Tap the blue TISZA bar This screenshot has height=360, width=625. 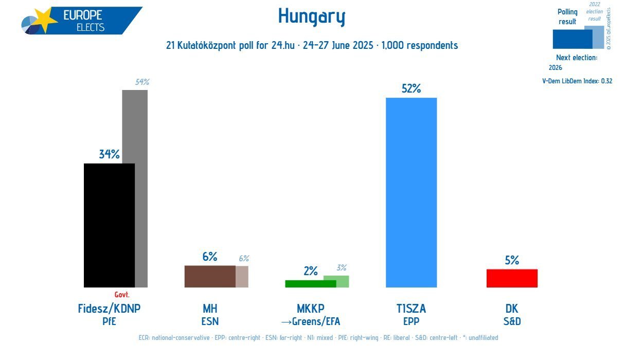[x=411, y=192]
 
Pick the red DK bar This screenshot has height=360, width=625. [x=512, y=278]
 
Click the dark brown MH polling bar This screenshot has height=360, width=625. [x=210, y=276]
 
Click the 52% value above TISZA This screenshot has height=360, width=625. [x=411, y=88]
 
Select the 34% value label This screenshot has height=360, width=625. [x=109, y=154]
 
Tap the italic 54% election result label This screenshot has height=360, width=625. [x=142, y=82]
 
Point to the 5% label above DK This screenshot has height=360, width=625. [x=512, y=260]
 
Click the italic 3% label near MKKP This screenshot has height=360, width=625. [x=342, y=267]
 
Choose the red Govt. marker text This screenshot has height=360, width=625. [x=122, y=295]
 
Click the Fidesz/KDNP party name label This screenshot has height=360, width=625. [x=109, y=309]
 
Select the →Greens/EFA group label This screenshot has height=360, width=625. [x=311, y=322]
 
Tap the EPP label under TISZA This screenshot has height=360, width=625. [x=411, y=322]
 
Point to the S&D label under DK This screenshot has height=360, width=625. [x=512, y=322]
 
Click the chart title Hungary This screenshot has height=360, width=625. [x=312, y=16]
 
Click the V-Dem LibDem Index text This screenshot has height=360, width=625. [x=577, y=81]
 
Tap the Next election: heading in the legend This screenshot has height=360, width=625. [x=577, y=58]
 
